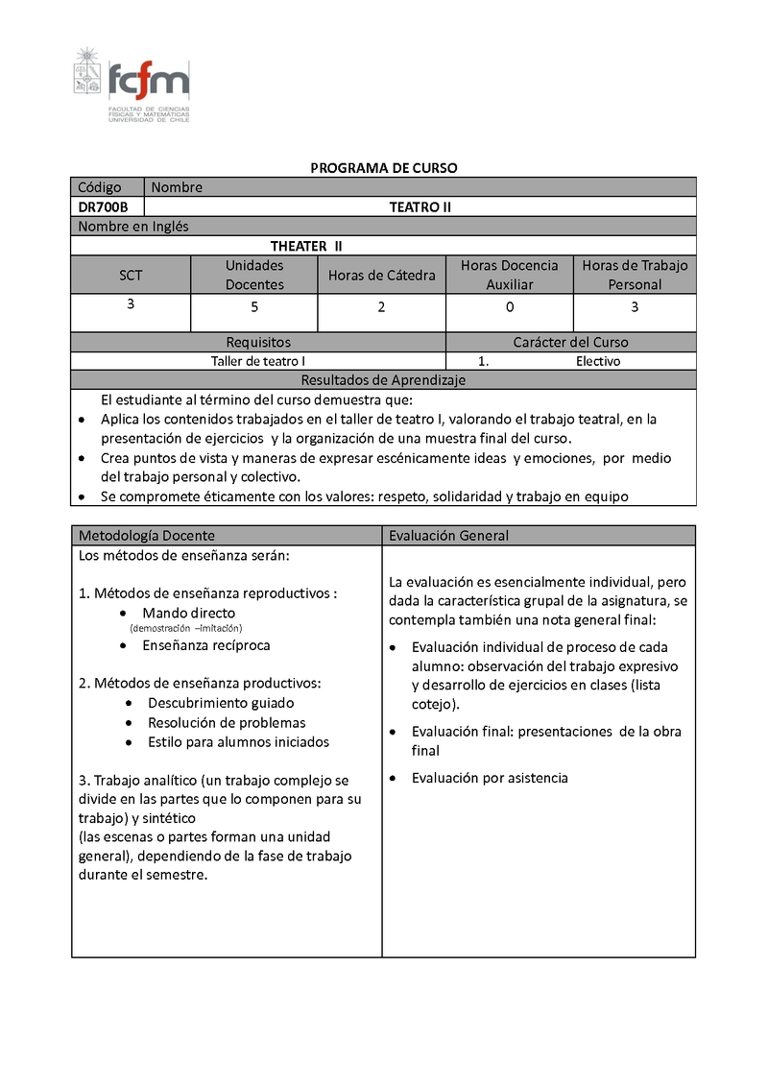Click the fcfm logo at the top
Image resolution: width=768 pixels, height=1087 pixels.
[x=132, y=85]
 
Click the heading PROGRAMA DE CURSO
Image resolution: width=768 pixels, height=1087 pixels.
[x=383, y=168]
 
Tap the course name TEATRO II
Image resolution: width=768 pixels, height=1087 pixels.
[x=420, y=206]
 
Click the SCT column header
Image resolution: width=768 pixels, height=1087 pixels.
[x=131, y=275]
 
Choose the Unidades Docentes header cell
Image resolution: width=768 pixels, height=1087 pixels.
[x=254, y=275]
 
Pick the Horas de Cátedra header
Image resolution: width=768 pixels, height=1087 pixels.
[x=381, y=275]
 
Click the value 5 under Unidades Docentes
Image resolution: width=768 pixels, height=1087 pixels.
[x=254, y=307]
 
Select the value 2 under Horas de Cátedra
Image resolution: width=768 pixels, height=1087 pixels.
[x=381, y=307]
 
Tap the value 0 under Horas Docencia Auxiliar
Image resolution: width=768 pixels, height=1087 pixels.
[x=510, y=307]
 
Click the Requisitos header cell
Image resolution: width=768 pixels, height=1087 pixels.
[x=258, y=342]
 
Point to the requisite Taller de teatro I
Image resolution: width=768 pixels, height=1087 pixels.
[x=258, y=361]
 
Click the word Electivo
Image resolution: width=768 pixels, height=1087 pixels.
[x=598, y=361]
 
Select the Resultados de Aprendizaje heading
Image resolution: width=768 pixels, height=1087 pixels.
[x=383, y=380]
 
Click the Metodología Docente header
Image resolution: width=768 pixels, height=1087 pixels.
[x=147, y=536]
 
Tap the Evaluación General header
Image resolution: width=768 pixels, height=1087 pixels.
[x=448, y=536]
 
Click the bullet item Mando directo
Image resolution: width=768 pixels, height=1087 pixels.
[x=188, y=613]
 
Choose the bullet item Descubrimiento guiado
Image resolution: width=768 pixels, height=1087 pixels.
[x=221, y=703]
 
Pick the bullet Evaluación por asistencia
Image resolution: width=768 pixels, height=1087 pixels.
[x=490, y=778]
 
